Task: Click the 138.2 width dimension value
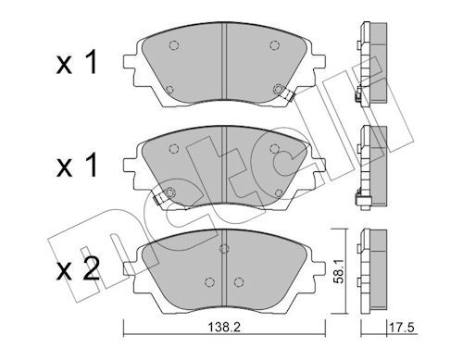pos(224,327)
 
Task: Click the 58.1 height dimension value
pos(338,271)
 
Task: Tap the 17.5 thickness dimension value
pos(403,327)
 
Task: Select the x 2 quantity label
pos(78,268)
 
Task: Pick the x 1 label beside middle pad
pos(76,166)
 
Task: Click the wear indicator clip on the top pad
pos(289,95)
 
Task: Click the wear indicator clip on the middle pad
pos(160,198)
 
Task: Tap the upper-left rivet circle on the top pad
pos(174,45)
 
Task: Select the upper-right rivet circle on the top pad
pos(274,45)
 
